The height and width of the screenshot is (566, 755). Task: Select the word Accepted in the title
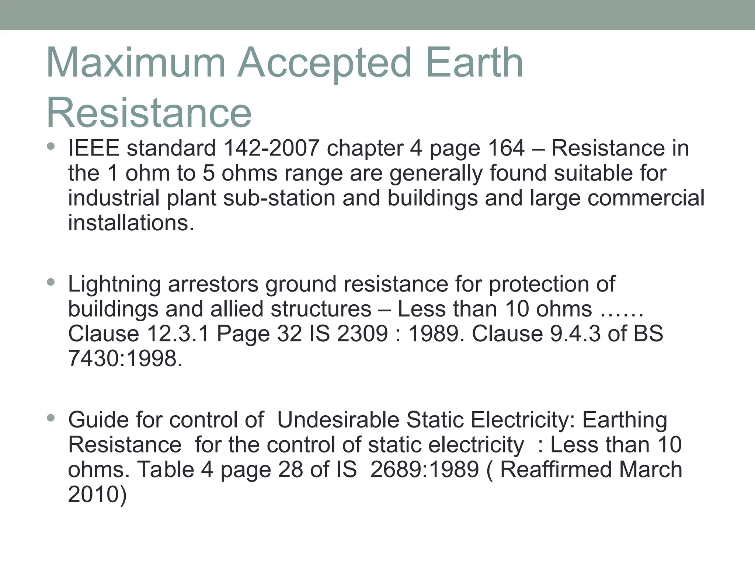pyautogui.click(x=324, y=63)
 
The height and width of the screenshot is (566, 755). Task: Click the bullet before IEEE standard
pyautogui.click(x=51, y=147)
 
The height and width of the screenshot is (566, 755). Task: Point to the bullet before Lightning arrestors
pyautogui.click(x=51, y=283)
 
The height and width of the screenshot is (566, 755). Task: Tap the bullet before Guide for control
pyautogui.click(x=51, y=418)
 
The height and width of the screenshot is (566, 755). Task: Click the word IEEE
pyautogui.click(x=94, y=148)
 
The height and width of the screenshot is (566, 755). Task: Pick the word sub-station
pyautogui.click(x=279, y=198)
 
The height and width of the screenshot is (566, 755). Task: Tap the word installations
pyautogui.click(x=131, y=223)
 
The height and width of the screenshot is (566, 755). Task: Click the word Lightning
pyautogui.click(x=114, y=284)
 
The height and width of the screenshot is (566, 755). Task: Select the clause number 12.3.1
pyautogui.click(x=178, y=334)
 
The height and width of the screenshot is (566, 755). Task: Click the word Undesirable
pyautogui.click(x=338, y=420)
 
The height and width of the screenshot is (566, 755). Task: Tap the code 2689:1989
pyautogui.click(x=424, y=470)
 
